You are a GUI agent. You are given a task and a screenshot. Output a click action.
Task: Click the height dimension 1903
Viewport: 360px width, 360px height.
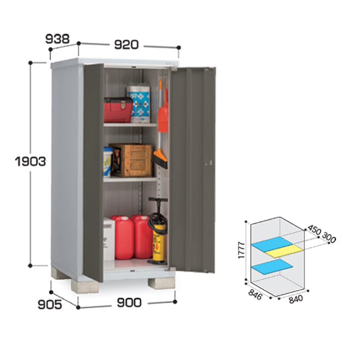pyautogui.click(x=30, y=161)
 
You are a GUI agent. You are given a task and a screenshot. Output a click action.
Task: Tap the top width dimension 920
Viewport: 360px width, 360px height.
pyautogui.click(x=126, y=45)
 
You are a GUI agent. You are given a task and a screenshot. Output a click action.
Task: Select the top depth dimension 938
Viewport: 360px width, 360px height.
pyautogui.click(x=57, y=39)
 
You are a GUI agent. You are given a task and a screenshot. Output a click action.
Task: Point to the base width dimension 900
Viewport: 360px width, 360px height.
pyautogui.click(x=129, y=303)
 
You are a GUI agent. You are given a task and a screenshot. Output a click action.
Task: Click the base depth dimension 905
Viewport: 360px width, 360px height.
pyautogui.click(x=50, y=304)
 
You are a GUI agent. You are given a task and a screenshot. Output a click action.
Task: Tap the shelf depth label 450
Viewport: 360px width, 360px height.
pyautogui.click(x=314, y=230)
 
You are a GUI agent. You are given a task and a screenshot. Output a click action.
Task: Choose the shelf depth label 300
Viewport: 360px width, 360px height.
pyautogui.click(x=329, y=238)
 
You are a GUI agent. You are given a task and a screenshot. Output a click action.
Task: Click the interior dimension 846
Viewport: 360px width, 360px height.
pyautogui.click(x=255, y=295)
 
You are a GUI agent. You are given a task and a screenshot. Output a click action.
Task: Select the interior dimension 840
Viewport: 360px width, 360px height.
pyautogui.click(x=296, y=299)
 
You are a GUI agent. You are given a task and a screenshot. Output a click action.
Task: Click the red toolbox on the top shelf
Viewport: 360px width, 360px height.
pyautogui.click(x=118, y=110)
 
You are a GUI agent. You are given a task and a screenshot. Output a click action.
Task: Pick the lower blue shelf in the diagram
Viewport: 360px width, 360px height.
pyautogui.click(x=272, y=267)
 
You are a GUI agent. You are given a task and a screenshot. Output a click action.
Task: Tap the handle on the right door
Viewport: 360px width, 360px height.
pyautogui.click(x=210, y=163)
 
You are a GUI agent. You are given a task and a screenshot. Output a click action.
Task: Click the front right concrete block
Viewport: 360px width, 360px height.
pyautogui.click(x=161, y=283)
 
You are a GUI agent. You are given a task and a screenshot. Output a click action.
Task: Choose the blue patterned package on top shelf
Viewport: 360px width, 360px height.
pyautogui.click(x=138, y=104)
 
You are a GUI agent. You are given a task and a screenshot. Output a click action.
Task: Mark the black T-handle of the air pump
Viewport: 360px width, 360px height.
pyautogui.click(x=158, y=199)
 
